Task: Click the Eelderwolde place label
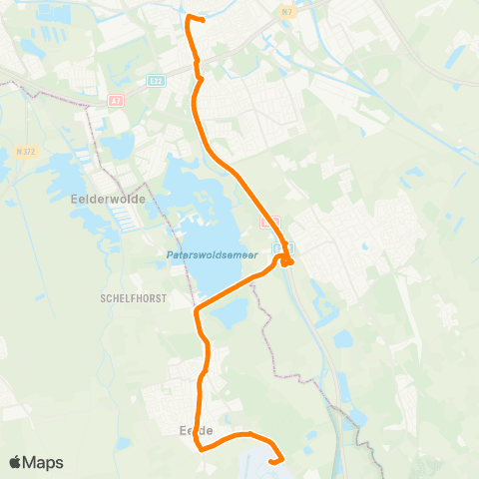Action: pos(110,199)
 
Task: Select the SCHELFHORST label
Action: pos(132,297)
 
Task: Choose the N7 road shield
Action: pos(289,11)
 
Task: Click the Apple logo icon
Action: pos(16,462)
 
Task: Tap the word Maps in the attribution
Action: pos(44,462)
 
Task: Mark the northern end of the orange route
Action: pos(203,20)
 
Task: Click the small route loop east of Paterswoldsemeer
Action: pos(287,260)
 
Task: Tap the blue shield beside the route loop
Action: pos(278,246)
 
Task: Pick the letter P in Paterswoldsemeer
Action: pos(169,256)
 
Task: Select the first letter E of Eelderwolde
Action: pos(75,199)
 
